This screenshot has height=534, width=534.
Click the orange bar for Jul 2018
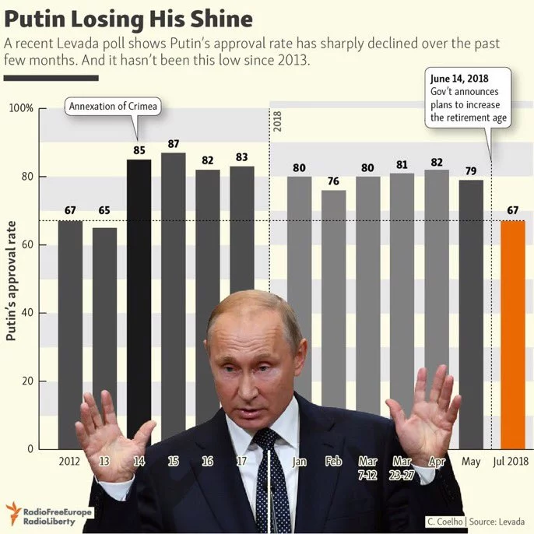(x=512, y=335)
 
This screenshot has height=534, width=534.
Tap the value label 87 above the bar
(x=173, y=144)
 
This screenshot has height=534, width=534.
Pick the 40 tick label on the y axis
(x=26, y=313)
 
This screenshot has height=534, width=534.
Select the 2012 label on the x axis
(x=70, y=462)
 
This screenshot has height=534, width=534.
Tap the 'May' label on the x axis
(x=472, y=462)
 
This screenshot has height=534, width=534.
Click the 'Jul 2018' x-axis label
(x=511, y=462)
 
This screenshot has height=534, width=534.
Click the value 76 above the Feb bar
(x=333, y=182)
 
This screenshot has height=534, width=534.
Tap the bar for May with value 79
(x=471, y=311)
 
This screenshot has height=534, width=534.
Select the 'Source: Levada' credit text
(x=499, y=521)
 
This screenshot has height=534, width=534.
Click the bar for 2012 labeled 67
(x=70, y=327)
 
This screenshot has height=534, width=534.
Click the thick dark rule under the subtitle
(x=51, y=78)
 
